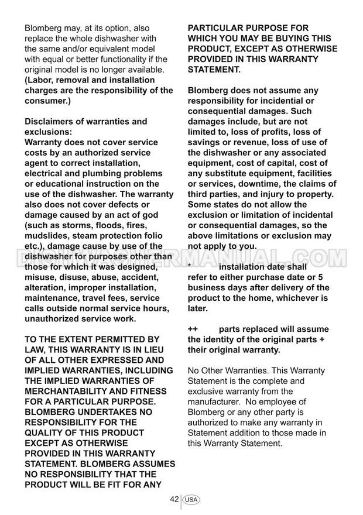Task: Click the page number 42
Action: point(174,499)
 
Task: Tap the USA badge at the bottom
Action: point(191,500)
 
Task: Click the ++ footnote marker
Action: point(193,329)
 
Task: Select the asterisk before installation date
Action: point(190,267)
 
